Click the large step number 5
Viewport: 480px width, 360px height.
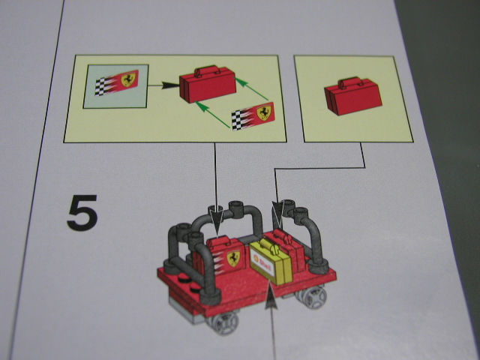point(82,213)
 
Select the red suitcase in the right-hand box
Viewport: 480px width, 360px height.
point(353,96)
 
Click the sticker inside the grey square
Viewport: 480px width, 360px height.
point(117,82)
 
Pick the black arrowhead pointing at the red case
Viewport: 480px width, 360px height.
point(170,85)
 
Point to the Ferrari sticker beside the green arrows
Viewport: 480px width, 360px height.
point(253,115)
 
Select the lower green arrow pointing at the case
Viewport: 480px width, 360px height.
point(212,114)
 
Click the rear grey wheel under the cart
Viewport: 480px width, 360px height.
point(310,296)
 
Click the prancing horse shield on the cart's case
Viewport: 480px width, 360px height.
point(233,259)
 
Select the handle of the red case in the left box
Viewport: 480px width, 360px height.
point(207,70)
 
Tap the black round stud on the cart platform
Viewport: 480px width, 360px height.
point(184,278)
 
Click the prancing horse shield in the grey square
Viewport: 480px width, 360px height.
point(128,79)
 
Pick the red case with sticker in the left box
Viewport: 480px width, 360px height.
point(208,83)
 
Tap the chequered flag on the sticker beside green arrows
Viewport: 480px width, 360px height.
point(238,120)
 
